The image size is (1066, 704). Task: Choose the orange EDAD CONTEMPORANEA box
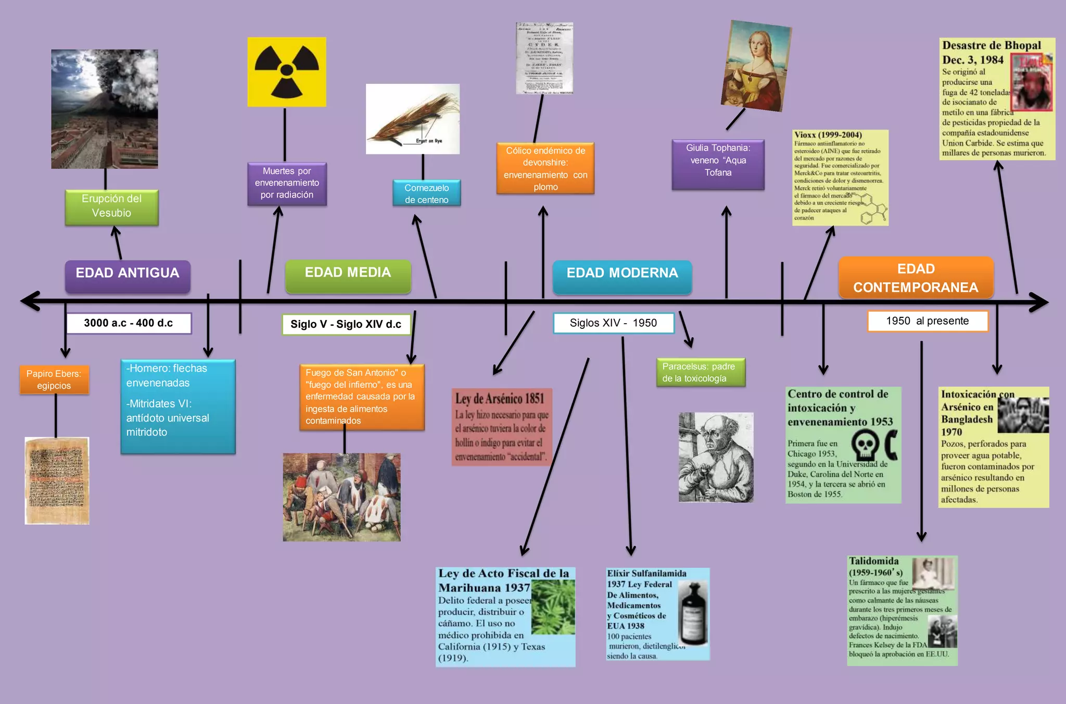(x=916, y=278)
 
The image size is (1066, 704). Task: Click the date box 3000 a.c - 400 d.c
(x=129, y=323)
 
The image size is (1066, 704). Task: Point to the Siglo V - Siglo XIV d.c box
(x=346, y=324)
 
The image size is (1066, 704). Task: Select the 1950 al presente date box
(x=928, y=321)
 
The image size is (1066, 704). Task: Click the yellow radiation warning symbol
(x=287, y=72)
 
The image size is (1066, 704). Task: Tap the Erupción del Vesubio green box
(x=111, y=206)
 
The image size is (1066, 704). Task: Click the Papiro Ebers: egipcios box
(x=54, y=380)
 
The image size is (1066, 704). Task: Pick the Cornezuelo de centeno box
(x=426, y=193)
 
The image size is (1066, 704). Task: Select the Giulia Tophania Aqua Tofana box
(x=718, y=164)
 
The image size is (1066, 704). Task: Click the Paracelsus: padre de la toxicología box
(x=701, y=372)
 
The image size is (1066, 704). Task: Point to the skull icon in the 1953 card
(x=865, y=446)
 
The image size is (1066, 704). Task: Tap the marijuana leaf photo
(x=553, y=607)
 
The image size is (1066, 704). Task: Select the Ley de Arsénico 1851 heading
(x=500, y=399)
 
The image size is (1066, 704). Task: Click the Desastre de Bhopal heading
(x=991, y=45)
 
